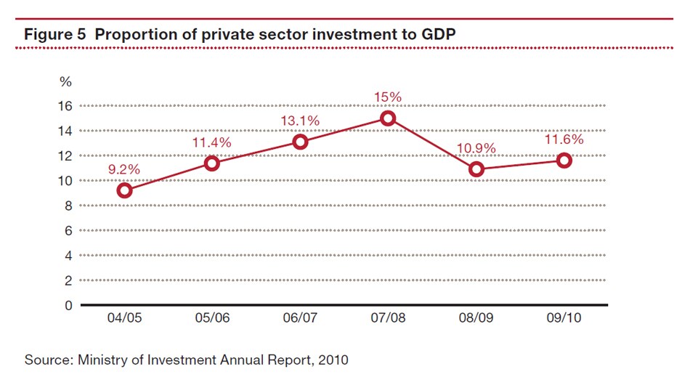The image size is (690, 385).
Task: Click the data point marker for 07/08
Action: (x=388, y=118)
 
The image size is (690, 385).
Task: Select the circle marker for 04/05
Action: (x=124, y=190)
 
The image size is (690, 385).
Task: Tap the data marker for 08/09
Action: (x=476, y=169)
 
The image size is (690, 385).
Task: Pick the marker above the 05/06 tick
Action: (x=212, y=163)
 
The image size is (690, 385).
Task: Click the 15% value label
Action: (x=388, y=97)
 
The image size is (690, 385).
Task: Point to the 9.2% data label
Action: (x=124, y=169)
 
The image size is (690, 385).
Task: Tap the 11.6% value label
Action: (x=564, y=140)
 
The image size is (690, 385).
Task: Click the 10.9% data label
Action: (x=476, y=149)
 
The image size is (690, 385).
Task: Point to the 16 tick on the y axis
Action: (x=65, y=106)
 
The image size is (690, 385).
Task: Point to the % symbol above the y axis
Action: (x=66, y=82)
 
